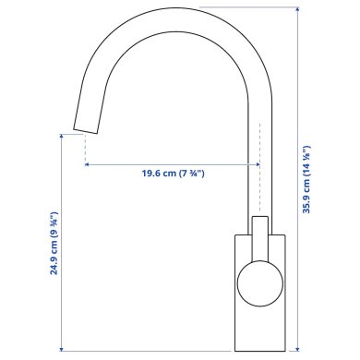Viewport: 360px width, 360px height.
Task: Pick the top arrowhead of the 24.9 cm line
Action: click(63, 136)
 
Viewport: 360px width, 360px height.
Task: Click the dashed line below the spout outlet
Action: click(85, 146)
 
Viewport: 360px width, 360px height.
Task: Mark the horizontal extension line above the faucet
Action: click(249, 7)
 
